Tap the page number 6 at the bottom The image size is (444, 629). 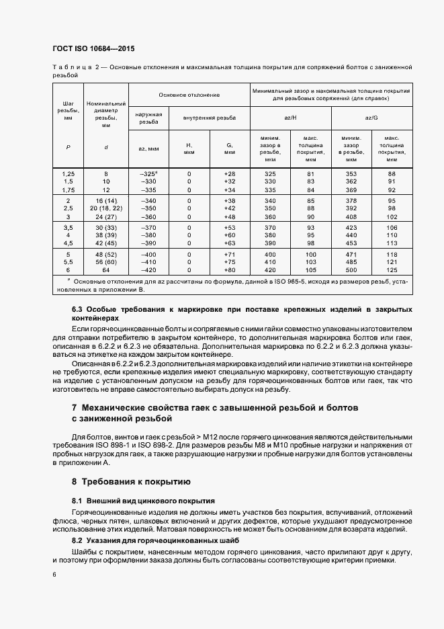tap(54, 574)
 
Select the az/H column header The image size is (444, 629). tap(290, 117)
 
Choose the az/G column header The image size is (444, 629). tap(370, 117)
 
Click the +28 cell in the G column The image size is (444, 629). tap(229, 173)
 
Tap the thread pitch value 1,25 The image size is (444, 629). tap(68, 173)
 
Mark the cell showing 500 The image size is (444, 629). tap(350, 270)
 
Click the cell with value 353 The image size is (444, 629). tap(350, 173)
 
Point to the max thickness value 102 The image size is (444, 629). tap(392, 217)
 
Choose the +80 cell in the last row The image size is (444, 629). tap(229, 270)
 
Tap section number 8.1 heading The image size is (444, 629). tap(77, 501)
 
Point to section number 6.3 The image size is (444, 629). tap(77, 308)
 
